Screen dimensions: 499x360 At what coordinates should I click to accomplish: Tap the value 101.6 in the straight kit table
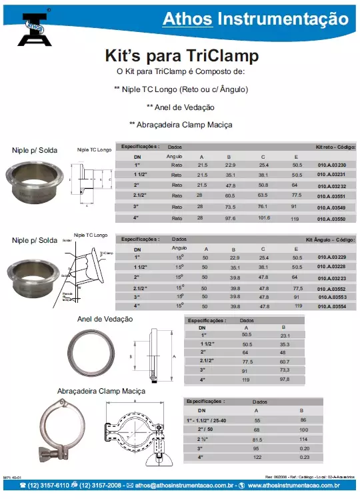click(x=264, y=217)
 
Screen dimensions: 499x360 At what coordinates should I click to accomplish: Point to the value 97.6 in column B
click(x=230, y=217)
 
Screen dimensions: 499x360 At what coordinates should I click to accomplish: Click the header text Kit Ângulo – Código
click(x=331, y=238)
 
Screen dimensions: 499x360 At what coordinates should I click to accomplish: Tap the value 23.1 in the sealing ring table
click(x=284, y=335)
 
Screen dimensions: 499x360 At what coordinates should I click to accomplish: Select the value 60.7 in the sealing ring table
click(x=284, y=360)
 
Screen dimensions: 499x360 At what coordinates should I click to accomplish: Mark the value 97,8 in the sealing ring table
click(x=284, y=379)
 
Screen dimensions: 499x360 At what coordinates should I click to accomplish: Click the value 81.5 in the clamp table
click(x=257, y=440)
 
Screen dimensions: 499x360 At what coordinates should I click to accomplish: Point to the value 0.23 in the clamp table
click(x=305, y=457)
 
